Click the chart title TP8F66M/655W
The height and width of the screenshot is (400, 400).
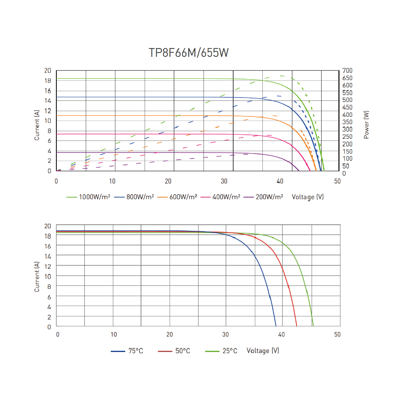tap(189, 53)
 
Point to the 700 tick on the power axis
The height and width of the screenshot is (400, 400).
tap(346, 71)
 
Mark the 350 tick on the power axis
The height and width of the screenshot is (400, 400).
tap(346, 122)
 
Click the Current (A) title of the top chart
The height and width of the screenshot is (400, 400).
tap(37, 125)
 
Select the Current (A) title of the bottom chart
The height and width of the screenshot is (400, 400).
tap(37, 276)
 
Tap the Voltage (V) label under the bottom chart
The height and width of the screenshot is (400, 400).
tap(263, 351)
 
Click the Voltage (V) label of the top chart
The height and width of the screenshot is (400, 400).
tap(308, 197)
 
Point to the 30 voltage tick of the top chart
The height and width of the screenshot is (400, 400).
tap(225, 181)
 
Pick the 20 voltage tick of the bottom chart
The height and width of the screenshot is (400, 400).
tap(170, 334)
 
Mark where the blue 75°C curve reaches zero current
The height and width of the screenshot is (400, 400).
tap(276, 326)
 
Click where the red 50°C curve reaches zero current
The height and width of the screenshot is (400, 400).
tap(297, 326)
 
